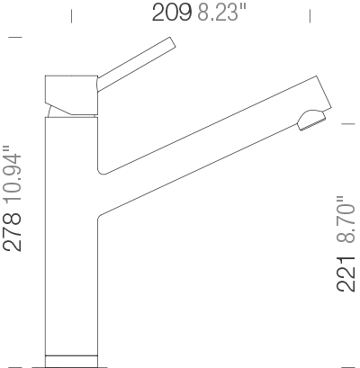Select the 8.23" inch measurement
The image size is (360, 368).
tap(216, 13)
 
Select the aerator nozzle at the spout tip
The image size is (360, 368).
tap(310, 121)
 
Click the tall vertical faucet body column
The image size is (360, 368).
tap(70, 234)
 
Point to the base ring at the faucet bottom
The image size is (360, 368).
tap(70, 359)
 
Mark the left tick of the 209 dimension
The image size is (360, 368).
tap(72, 16)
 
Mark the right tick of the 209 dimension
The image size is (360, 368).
tap(310, 16)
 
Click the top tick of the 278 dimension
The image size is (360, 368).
tap(15, 37)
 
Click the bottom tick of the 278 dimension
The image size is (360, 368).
tap(15, 365)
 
